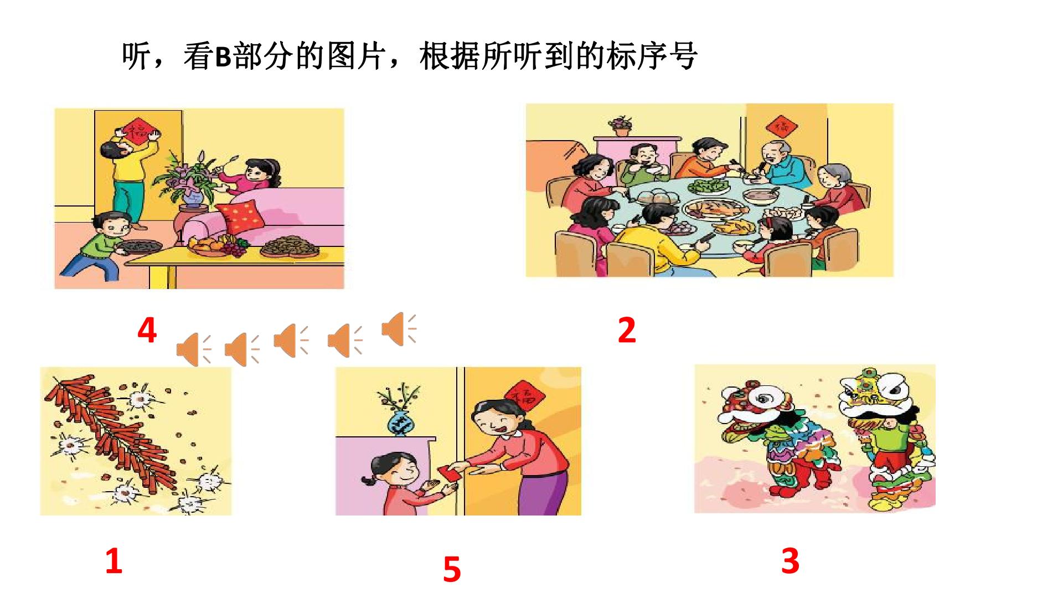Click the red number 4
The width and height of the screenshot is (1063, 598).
click(x=147, y=330)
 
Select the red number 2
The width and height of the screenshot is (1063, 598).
click(x=627, y=330)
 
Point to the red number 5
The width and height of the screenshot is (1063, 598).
click(x=452, y=569)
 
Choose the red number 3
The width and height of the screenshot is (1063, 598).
click(x=791, y=560)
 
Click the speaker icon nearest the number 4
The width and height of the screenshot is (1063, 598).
click(x=194, y=350)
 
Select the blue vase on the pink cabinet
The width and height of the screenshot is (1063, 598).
click(x=403, y=423)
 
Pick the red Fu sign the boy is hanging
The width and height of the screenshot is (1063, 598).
click(x=137, y=130)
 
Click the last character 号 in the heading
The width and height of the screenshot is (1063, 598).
click(x=683, y=56)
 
